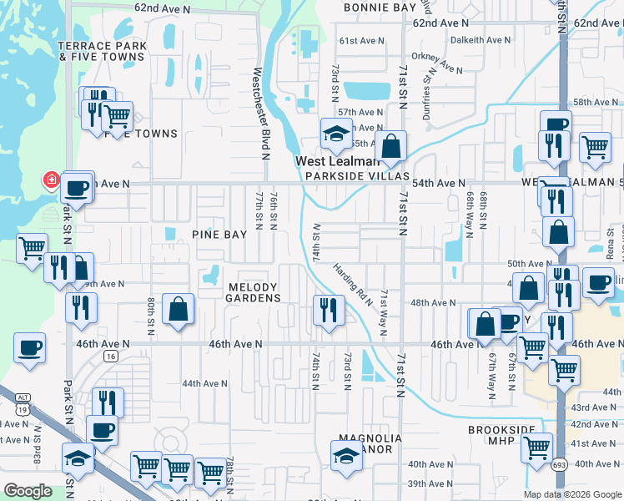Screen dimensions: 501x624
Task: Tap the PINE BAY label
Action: point(220,235)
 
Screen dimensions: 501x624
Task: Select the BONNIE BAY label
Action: point(380,8)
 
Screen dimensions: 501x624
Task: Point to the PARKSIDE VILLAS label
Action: point(356,176)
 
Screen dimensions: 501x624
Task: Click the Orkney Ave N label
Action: point(442,63)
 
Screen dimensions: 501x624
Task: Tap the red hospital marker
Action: point(51,180)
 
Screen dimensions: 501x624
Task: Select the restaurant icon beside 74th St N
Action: point(328,311)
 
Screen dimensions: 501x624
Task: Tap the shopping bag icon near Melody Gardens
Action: point(179,309)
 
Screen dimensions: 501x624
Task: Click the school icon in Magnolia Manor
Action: point(346,455)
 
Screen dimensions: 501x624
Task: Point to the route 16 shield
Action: point(110,356)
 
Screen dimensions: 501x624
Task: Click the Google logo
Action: point(28,491)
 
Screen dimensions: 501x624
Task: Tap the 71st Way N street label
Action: point(383,312)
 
